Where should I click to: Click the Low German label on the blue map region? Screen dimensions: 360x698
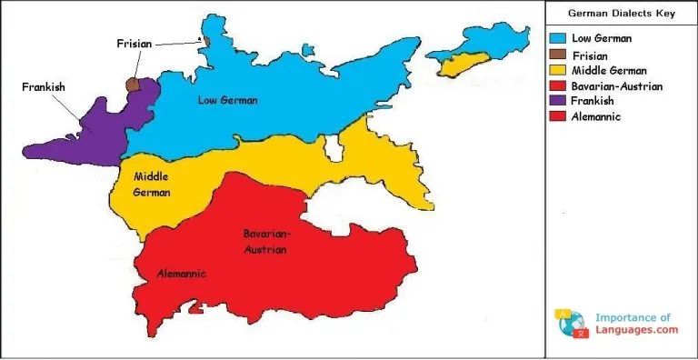pos(227,100)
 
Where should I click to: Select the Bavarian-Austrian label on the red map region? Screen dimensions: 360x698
pos(264,241)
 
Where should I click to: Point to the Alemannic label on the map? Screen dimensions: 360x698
pos(182,274)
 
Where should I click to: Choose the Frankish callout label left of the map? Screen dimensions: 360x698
pos(44,87)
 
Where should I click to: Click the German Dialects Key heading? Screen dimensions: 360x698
pos(621,14)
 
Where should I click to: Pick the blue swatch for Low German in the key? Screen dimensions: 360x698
pos(559,38)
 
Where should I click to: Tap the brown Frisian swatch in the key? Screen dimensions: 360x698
pos(559,55)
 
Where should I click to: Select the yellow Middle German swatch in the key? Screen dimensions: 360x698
pos(559,70)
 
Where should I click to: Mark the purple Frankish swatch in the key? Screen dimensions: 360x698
pos(559,101)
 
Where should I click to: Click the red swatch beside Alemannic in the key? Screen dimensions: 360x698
pos(559,116)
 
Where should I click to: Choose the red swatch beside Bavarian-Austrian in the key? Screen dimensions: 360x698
pos(559,85)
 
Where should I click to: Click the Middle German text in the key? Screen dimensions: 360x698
pos(609,70)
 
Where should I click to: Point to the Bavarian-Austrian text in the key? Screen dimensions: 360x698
pos(617,85)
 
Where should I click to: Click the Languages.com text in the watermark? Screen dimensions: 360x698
pos(636,331)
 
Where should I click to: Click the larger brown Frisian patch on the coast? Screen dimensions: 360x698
pos(134,84)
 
